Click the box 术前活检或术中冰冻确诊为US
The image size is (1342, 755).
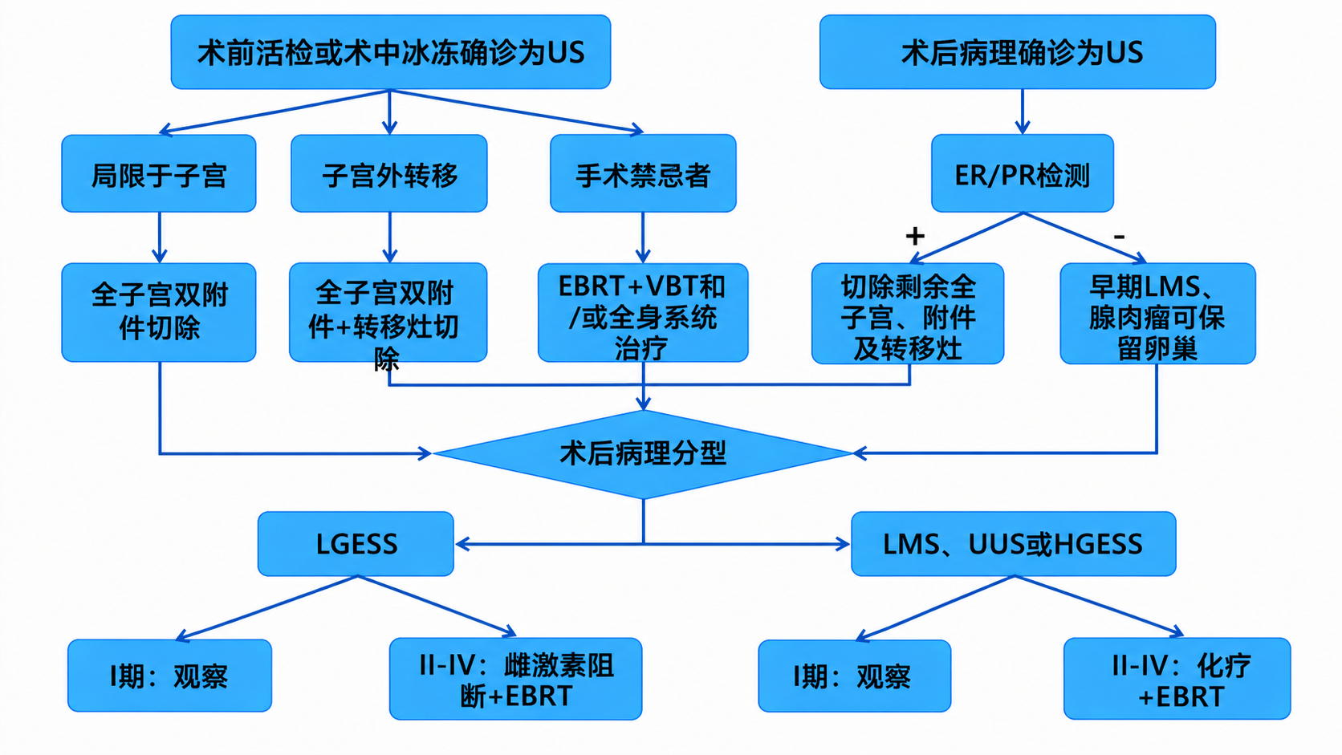390,52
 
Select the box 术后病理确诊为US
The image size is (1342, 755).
1017,52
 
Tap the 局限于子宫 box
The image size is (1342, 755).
159,174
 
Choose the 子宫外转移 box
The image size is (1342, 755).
389,174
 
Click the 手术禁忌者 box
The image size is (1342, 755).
643,174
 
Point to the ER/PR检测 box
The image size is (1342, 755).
1022,174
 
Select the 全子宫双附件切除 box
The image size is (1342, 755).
159,312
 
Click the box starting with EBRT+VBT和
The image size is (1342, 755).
642,314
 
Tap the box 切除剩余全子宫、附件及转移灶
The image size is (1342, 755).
907,315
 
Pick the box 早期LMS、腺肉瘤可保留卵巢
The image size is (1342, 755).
1157,315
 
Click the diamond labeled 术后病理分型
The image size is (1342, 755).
643,454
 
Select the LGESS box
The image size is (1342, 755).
356,544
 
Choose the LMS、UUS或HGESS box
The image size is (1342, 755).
1013,544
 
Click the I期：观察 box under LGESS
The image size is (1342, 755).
169,676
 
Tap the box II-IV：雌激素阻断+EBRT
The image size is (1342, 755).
515,679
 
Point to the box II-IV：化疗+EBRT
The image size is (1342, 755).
1177,679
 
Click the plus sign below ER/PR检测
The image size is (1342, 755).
915,236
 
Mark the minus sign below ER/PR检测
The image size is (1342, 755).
1119,237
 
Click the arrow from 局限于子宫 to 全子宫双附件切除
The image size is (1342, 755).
160,237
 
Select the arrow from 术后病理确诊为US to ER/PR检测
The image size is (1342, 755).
1022,112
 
